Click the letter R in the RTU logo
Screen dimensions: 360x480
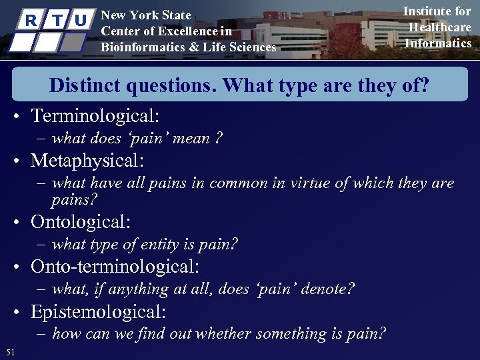(29, 20)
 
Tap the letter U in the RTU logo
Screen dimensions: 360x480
(79, 20)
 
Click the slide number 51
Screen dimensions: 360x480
(9, 352)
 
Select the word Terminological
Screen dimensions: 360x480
(95, 116)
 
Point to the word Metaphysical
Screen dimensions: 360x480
(87, 161)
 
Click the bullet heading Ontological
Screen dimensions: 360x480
(81, 222)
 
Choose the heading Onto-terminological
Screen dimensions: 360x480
(115, 267)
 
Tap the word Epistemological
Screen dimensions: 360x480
(98, 311)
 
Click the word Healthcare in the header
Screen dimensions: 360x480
(440, 27)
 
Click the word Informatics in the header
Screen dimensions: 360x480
(438, 43)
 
